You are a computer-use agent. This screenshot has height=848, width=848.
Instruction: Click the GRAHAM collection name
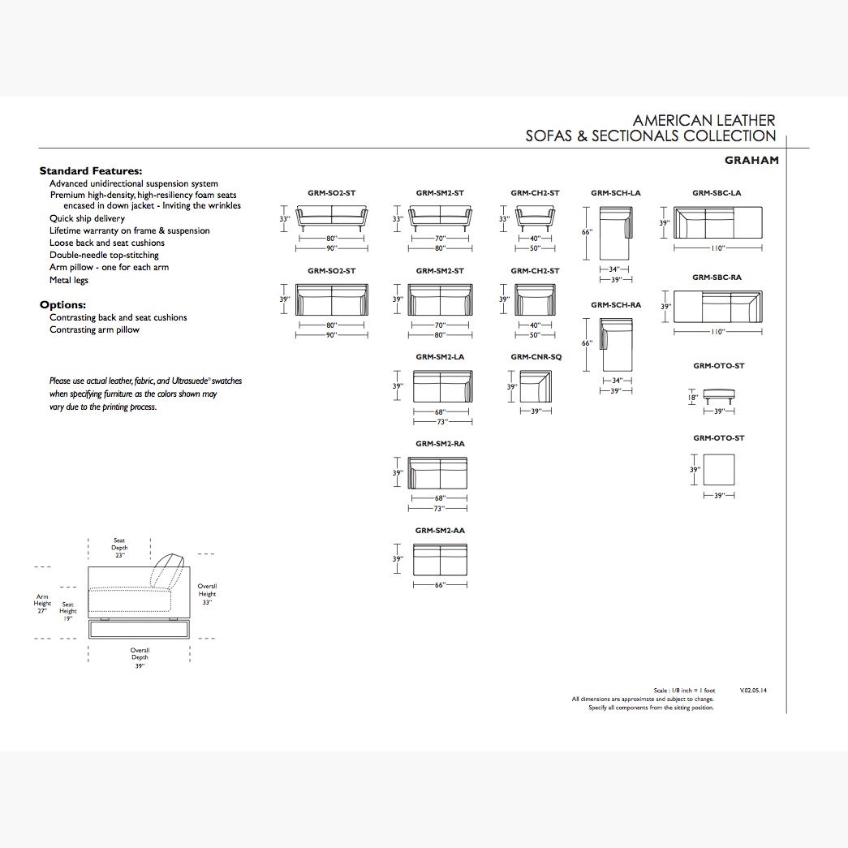click(751, 160)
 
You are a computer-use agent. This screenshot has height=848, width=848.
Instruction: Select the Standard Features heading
click(91, 171)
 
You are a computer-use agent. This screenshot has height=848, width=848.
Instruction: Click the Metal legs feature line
click(69, 280)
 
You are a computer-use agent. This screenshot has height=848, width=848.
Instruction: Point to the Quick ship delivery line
click(87, 218)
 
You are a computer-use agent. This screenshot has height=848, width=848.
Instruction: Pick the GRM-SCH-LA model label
click(616, 193)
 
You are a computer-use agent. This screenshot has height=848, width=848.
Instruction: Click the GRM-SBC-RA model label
click(717, 278)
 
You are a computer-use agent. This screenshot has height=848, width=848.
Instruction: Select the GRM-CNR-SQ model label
click(536, 357)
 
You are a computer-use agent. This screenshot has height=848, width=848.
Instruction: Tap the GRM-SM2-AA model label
click(440, 531)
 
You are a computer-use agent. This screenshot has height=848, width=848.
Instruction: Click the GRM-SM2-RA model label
click(440, 444)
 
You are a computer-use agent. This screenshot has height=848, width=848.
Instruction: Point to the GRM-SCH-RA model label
click(616, 305)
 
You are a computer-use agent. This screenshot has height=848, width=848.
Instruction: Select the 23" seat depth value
click(119, 556)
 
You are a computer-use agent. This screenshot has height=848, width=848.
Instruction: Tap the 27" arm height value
click(42, 610)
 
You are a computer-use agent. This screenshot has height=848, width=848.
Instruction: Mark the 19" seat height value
click(67, 618)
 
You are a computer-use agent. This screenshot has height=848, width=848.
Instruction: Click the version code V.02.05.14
click(753, 691)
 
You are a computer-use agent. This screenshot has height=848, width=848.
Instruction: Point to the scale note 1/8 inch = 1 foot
click(684, 691)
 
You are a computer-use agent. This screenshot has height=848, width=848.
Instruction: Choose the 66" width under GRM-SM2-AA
click(440, 585)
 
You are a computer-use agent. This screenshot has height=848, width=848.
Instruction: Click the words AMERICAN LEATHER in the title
click(704, 120)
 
